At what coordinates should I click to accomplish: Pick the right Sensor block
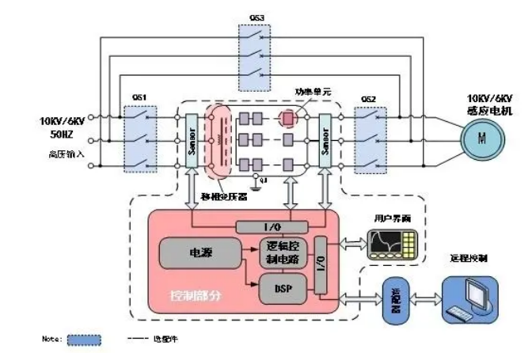(324, 141)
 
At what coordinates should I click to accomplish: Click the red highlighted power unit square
(289, 118)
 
